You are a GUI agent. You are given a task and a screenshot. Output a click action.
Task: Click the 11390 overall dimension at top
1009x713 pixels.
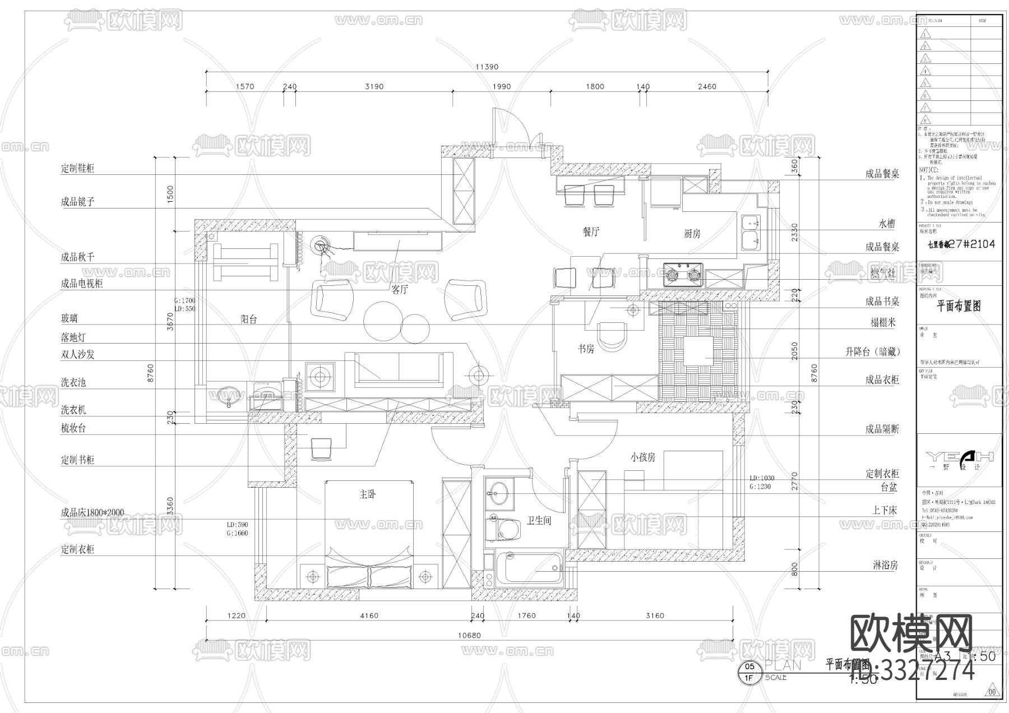487,67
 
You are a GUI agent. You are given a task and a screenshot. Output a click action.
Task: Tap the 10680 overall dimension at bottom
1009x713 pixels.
470,635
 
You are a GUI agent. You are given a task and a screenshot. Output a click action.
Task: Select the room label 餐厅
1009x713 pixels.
591,232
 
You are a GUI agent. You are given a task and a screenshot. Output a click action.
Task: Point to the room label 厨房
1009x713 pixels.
692,234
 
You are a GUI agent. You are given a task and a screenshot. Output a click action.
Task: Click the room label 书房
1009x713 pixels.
586,349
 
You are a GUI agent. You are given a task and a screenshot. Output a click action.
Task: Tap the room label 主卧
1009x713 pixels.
368,494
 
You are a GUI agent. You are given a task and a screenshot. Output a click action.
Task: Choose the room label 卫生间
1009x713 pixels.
539,521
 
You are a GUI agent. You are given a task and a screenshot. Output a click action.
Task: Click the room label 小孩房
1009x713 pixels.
642,457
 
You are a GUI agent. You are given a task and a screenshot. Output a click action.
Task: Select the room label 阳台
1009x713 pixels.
249,320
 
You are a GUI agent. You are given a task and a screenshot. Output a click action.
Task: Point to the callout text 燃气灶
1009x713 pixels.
883,272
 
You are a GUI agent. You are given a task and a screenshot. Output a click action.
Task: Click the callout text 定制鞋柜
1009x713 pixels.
77,168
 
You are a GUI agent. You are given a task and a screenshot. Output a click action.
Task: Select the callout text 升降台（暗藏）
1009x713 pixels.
872,352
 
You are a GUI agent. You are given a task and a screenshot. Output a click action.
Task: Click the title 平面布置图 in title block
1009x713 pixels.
959,307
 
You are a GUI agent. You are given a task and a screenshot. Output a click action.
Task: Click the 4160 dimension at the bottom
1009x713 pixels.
368,615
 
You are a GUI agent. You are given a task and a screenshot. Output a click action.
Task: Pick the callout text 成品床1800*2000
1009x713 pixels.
92,512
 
